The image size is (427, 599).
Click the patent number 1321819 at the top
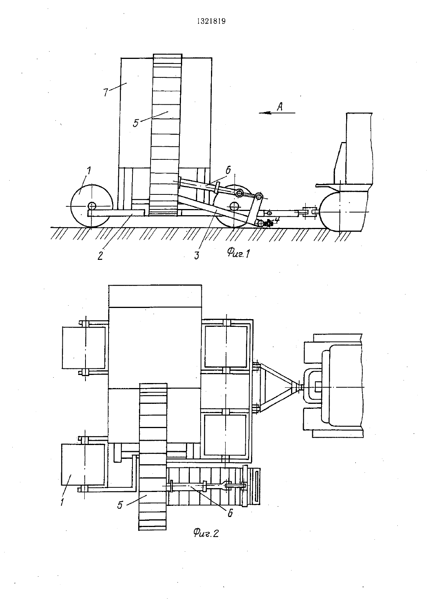(x=211, y=22)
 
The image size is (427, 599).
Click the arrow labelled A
(x=277, y=113)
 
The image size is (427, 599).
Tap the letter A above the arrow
(x=280, y=107)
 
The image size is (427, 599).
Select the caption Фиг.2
(x=206, y=534)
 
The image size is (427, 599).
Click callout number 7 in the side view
(x=105, y=92)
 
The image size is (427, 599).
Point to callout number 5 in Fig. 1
(x=136, y=123)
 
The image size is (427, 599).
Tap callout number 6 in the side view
(x=228, y=170)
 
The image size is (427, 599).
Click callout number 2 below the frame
(x=100, y=256)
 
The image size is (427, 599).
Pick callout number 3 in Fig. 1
(x=196, y=256)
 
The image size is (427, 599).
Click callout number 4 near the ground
(x=276, y=220)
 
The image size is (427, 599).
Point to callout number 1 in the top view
(x=62, y=501)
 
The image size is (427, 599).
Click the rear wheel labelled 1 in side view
(x=91, y=206)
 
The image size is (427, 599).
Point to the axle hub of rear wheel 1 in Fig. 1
(x=92, y=206)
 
